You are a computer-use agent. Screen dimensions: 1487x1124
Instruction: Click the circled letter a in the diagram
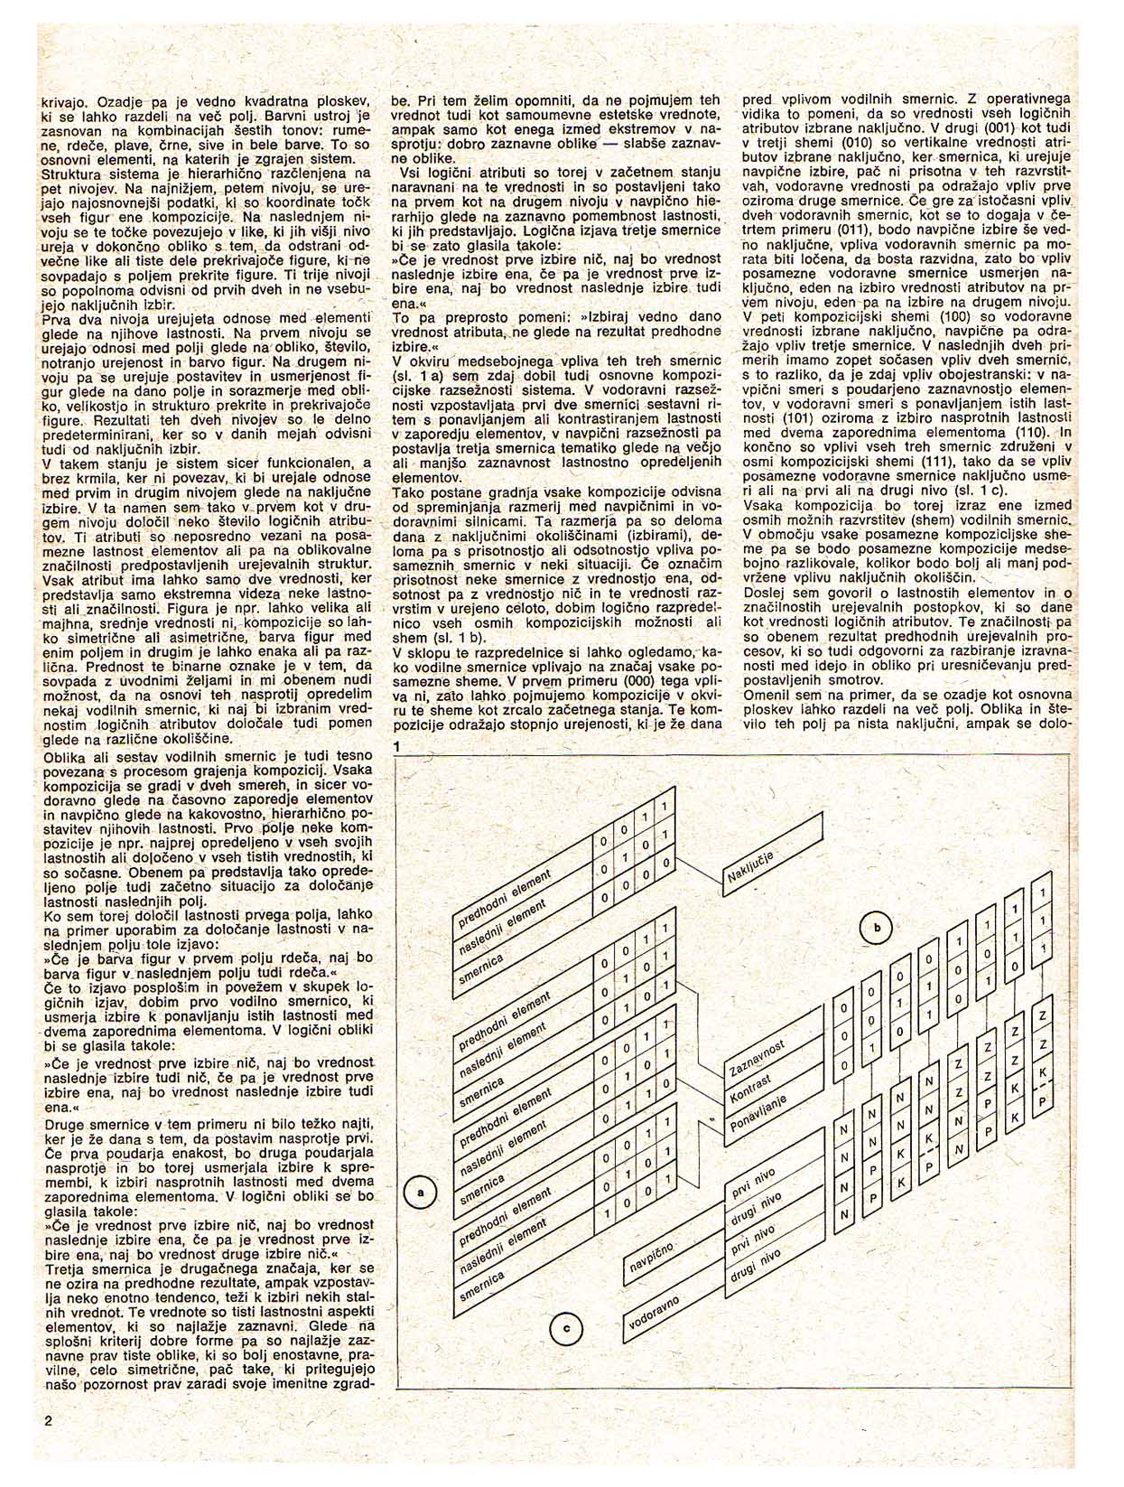pyautogui.click(x=420, y=1193)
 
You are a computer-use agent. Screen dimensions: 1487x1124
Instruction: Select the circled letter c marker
pyautogui.click(x=566, y=1327)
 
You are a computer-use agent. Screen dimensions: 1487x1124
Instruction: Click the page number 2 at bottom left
pyautogui.click(x=48, y=1420)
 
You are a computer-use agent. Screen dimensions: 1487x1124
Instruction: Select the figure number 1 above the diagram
pyautogui.click(x=396, y=746)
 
